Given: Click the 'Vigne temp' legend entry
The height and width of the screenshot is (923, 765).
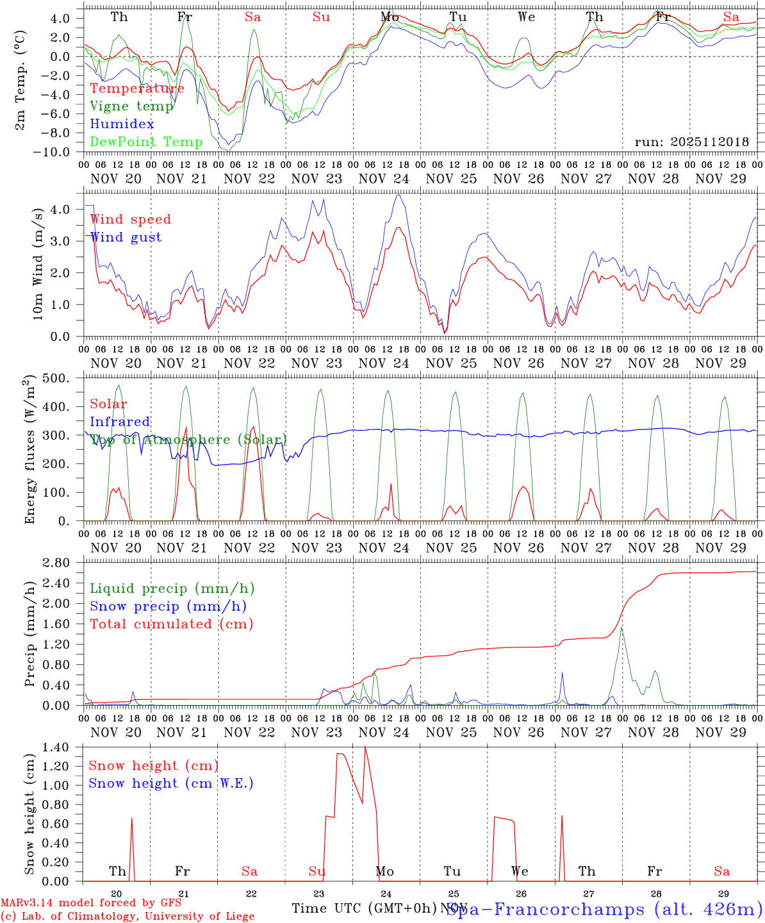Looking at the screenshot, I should click(x=131, y=106).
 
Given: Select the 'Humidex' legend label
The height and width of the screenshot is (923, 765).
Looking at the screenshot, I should click(x=122, y=124).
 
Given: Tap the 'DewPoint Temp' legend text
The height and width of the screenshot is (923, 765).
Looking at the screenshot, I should click(x=146, y=142).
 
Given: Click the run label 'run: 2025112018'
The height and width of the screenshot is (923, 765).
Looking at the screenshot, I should click(x=691, y=142).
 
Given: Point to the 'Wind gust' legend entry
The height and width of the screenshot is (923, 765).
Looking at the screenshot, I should click(x=126, y=237).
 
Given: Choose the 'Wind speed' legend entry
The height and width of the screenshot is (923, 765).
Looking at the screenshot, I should click(x=131, y=219).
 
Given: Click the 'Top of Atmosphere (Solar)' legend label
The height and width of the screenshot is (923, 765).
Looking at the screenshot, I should click(x=188, y=440).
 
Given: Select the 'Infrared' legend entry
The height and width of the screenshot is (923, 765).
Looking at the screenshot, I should click(x=120, y=422).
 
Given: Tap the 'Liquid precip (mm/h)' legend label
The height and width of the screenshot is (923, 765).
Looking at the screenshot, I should click(x=172, y=588).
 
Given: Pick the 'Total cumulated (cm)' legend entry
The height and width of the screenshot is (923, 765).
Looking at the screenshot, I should click(x=172, y=624).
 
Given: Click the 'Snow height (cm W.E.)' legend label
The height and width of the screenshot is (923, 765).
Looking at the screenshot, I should click(x=171, y=783).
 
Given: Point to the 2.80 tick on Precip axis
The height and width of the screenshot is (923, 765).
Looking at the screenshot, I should click(x=63, y=563).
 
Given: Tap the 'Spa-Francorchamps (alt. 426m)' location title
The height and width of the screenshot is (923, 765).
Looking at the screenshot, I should click(x=604, y=909).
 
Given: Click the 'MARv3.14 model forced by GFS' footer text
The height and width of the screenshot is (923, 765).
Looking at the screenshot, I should click(x=91, y=902).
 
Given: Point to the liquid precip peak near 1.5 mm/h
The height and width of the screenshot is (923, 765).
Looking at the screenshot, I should click(x=621, y=628).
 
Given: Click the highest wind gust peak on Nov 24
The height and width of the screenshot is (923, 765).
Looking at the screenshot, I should click(x=399, y=195).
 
